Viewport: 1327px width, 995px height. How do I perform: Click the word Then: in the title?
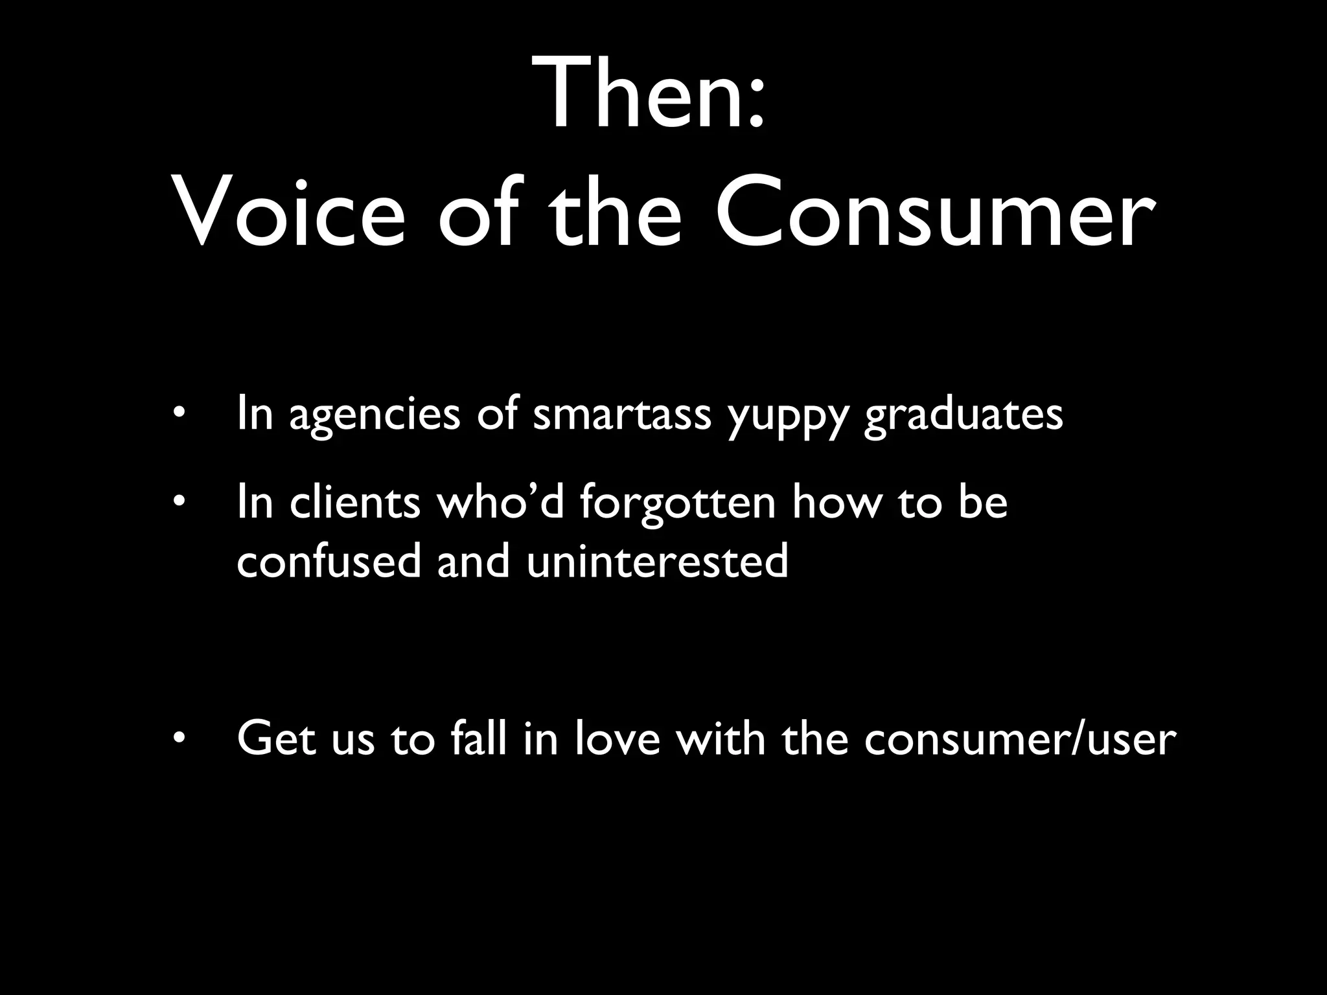tap(650, 94)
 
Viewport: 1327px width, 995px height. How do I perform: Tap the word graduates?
tap(964, 416)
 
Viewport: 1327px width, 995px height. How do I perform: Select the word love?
tap(617, 738)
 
